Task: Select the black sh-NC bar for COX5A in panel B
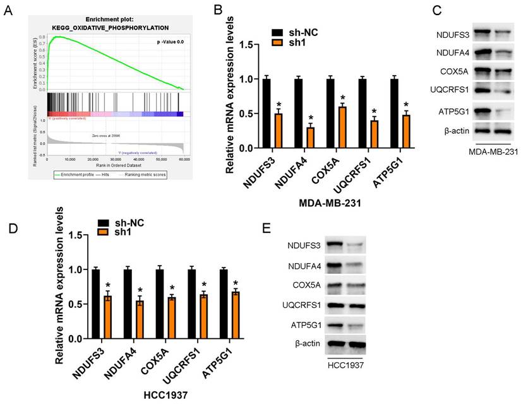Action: point(333,114)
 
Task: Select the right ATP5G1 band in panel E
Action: point(357,326)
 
